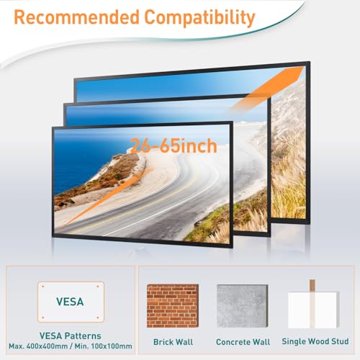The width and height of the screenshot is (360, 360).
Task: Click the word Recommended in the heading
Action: (76, 17)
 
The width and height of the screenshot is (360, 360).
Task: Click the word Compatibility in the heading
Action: (199, 18)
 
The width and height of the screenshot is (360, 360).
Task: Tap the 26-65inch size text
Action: (174, 145)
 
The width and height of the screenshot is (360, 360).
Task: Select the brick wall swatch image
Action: (173, 306)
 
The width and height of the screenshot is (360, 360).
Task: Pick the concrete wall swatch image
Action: (242, 306)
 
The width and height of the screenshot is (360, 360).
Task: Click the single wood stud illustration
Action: (313, 305)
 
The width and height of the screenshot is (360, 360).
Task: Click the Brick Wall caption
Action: (173, 342)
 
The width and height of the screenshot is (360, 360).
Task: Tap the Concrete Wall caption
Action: (243, 342)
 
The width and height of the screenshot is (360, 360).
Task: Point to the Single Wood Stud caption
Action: (315, 341)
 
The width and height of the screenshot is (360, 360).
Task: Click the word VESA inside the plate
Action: (70, 302)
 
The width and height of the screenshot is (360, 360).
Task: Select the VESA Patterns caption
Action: (71, 336)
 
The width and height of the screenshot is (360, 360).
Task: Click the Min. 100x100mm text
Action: (103, 346)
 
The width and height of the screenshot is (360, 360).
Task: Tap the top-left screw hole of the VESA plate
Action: (43, 287)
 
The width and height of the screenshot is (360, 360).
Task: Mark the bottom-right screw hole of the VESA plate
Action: (98, 318)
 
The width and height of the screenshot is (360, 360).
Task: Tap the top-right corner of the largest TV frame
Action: (310, 62)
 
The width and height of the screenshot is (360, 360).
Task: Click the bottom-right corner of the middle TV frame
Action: (271, 237)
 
